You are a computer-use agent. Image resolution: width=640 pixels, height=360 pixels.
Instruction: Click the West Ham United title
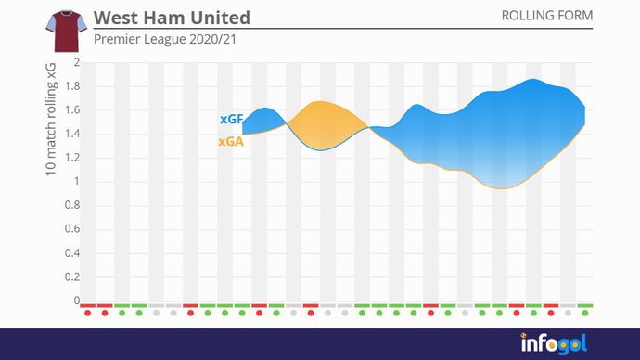pyautogui.click(x=172, y=19)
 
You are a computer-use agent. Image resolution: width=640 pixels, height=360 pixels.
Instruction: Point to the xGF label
pyautogui.click(x=231, y=120)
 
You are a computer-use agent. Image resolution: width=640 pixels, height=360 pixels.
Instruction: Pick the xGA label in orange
pyautogui.click(x=231, y=143)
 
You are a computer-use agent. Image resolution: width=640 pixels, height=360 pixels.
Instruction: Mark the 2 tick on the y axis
pyautogui.click(x=77, y=63)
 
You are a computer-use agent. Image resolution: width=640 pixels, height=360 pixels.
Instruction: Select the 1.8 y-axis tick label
pyautogui.click(x=71, y=87)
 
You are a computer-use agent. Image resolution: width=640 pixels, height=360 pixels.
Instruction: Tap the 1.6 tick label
pyautogui.click(x=71, y=110)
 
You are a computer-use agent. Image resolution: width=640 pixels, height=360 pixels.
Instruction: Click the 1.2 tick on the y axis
pyautogui.click(x=71, y=158)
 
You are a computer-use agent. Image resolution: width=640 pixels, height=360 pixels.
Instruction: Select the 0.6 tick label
pyautogui.click(x=71, y=229)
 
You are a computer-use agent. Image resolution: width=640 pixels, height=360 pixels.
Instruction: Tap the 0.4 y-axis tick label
pyautogui.click(x=71, y=253)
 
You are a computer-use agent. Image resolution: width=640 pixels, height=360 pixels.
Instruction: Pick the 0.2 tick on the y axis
pyautogui.click(x=71, y=276)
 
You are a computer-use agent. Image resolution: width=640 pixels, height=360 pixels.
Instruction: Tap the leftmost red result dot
pyautogui.click(x=87, y=313)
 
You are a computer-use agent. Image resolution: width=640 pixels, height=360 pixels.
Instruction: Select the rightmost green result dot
pyautogui.click(x=584, y=313)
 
